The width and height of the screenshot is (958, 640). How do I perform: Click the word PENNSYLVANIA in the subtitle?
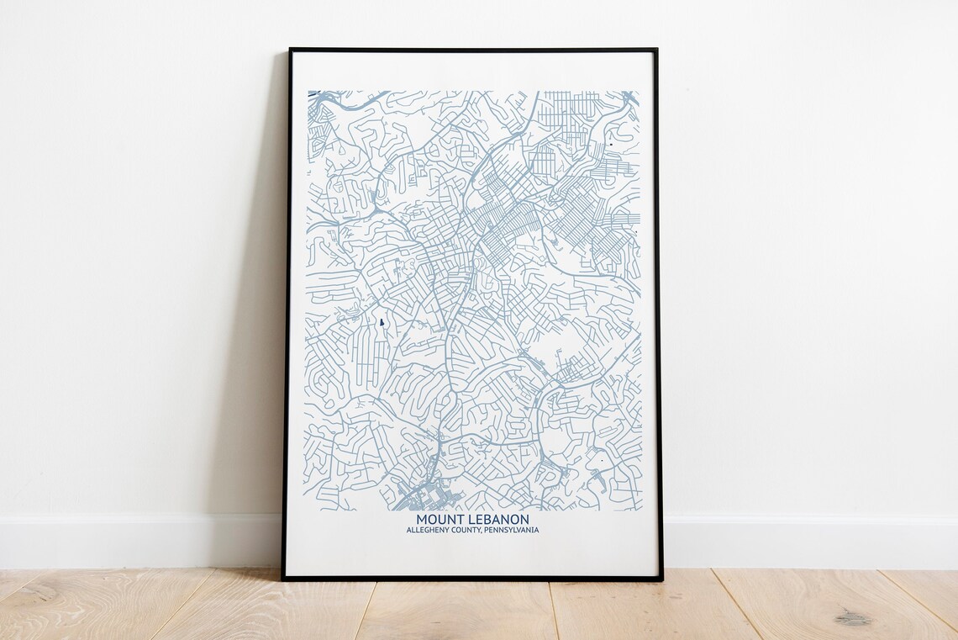(x=512, y=531)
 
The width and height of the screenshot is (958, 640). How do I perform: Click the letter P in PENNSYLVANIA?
(x=487, y=531)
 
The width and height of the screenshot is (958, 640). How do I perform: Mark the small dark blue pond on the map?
(x=382, y=323)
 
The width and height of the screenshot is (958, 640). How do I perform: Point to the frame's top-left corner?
(x=290, y=50)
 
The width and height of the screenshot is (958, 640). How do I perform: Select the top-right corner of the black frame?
(x=655, y=50)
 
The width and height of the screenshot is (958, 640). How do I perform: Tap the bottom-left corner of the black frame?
(x=283, y=579)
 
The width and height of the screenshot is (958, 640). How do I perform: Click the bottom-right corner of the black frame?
(x=661, y=579)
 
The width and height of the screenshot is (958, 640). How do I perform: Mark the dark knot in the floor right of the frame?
(x=852, y=618)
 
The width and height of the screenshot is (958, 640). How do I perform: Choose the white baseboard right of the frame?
(x=807, y=542)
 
